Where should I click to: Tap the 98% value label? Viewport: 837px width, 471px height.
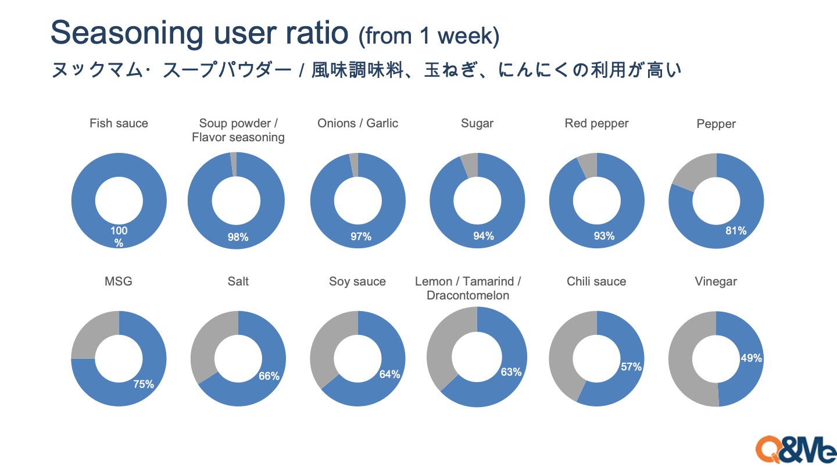[x=238, y=237]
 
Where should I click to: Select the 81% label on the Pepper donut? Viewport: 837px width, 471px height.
[x=736, y=231]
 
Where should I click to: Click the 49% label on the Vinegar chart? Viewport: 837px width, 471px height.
[x=752, y=358]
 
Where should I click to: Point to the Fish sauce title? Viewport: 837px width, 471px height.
[x=119, y=123]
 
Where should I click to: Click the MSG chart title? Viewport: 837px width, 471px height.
[x=119, y=281]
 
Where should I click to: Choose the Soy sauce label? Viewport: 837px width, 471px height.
[x=357, y=281]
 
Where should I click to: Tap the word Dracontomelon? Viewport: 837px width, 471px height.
[x=468, y=295]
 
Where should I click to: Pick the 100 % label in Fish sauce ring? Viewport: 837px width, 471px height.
[x=119, y=237]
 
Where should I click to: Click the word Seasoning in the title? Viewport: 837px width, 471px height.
[x=127, y=34]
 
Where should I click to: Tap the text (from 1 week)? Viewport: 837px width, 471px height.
[x=428, y=36]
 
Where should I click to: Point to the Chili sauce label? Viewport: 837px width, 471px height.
[x=596, y=281]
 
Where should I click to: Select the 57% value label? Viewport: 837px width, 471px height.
[x=631, y=367]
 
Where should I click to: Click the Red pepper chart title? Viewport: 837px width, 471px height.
[x=596, y=123]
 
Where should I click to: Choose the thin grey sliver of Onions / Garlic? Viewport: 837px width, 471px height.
[x=353, y=165]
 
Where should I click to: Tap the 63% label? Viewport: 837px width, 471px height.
[x=511, y=372]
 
